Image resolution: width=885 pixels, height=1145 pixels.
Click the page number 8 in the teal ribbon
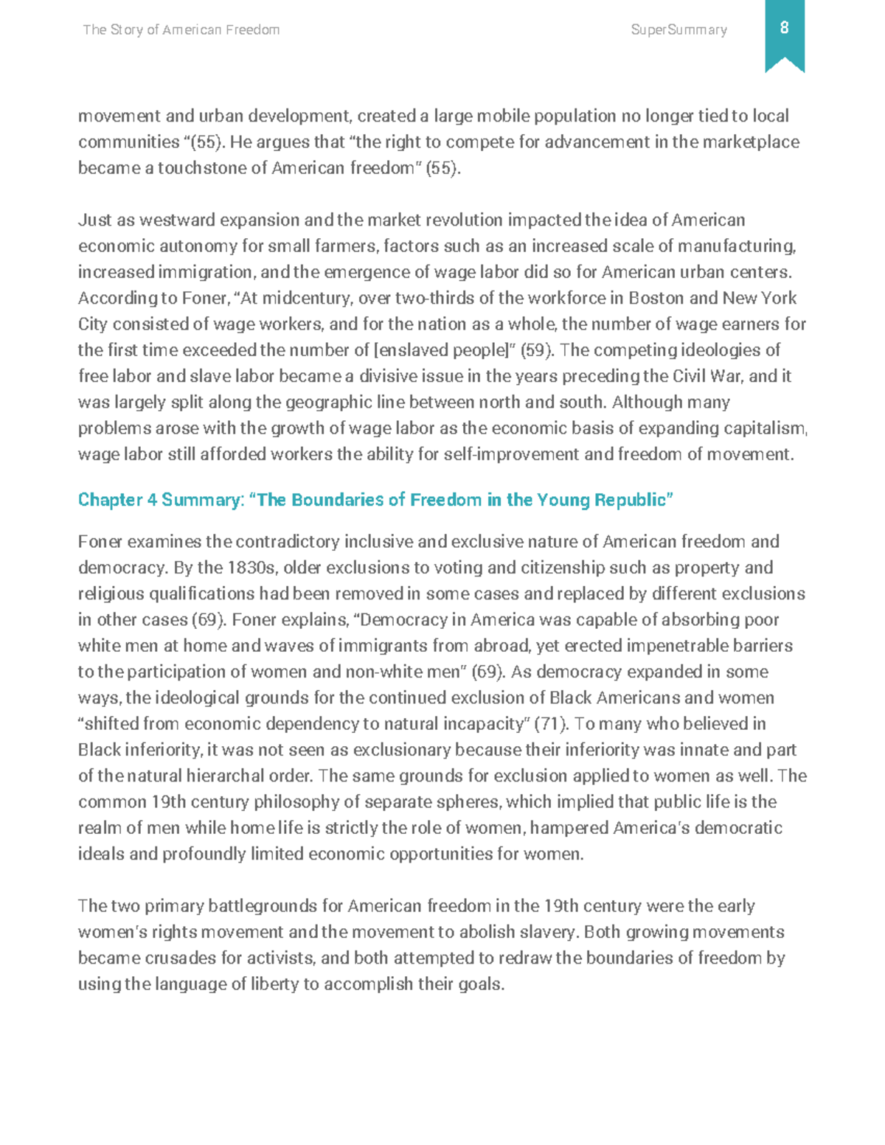784,28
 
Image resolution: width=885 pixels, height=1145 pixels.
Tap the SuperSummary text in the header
679,30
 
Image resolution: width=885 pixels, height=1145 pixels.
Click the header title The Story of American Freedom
181,30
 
